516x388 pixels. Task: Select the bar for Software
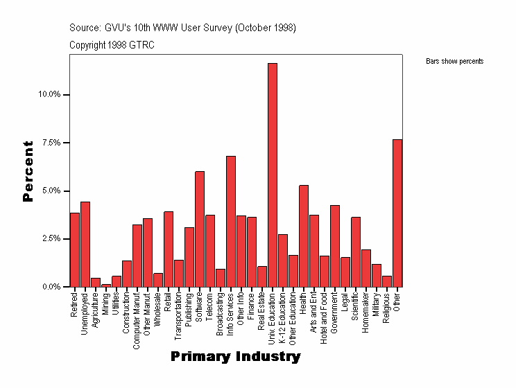pyautogui.click(x=200, y=229)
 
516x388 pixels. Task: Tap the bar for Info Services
pyautogui.click(x=231, y=221)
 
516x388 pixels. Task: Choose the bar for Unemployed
pyautogui.click(x=85, y=244)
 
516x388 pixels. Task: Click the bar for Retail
pyautogui.click(x=169, y=249)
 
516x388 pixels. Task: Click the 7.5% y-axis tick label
pyautogui.click(x=53, y=143)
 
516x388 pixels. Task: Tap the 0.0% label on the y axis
pyautogui.click(x=53, y=287)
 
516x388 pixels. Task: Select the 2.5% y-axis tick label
pyautogui.click(x=53, y=239)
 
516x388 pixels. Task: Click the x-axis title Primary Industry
pyautogui.click(x=236, y=357)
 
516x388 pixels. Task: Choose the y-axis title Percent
pyautogui.click(x=28, y=171)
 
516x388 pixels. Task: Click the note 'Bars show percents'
pyautogui.click(x=454, y=62)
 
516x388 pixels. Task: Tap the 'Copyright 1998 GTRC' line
pyautogui.click(x=112, y=45)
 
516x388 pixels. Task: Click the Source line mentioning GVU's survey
pyautogui.click(x=182, y=28)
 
